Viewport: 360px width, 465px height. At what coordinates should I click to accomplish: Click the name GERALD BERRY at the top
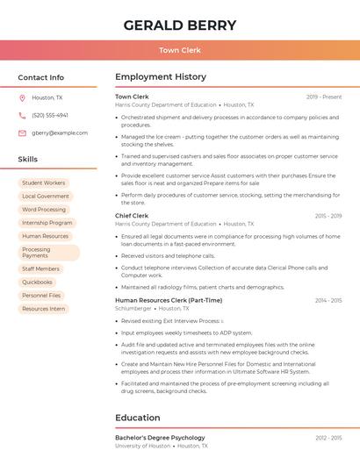click(x=179, y=25)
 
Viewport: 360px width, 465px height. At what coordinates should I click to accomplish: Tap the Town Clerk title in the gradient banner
click(x=179, y=50)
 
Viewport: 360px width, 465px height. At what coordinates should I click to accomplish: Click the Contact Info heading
click(x=41, y=77)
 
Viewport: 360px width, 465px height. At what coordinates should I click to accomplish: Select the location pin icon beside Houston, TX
click(x=22, y=97)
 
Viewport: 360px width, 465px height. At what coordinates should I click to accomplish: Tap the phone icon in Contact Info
click(x=22, y=115)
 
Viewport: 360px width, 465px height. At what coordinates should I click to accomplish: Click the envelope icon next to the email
click(x=22, y=132)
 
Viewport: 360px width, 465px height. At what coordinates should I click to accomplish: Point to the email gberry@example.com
click(x=60, y=132)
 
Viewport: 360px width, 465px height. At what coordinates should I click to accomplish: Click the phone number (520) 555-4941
click(x=50, y=115)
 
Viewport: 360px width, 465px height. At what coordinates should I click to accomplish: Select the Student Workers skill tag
click(x=44, y=182)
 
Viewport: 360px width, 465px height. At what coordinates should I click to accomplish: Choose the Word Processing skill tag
click(x=44, y=210)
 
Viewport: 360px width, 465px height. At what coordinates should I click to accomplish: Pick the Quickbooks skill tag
click(x=38, y=282)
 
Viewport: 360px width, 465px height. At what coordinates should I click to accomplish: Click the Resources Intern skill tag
click(x=44, y=309)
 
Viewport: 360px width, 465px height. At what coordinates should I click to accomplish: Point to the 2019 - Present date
click(x=324, y=97)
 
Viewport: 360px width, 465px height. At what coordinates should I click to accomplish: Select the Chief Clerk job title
click(x=132, y=215)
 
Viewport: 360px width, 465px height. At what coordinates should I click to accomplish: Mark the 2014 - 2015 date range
click(x=328, y=300)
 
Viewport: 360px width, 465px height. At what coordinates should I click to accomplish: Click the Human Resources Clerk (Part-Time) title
click(x=169, y=300)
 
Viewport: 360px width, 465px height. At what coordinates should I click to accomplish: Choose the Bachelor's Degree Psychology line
click(x=160, y=437)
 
